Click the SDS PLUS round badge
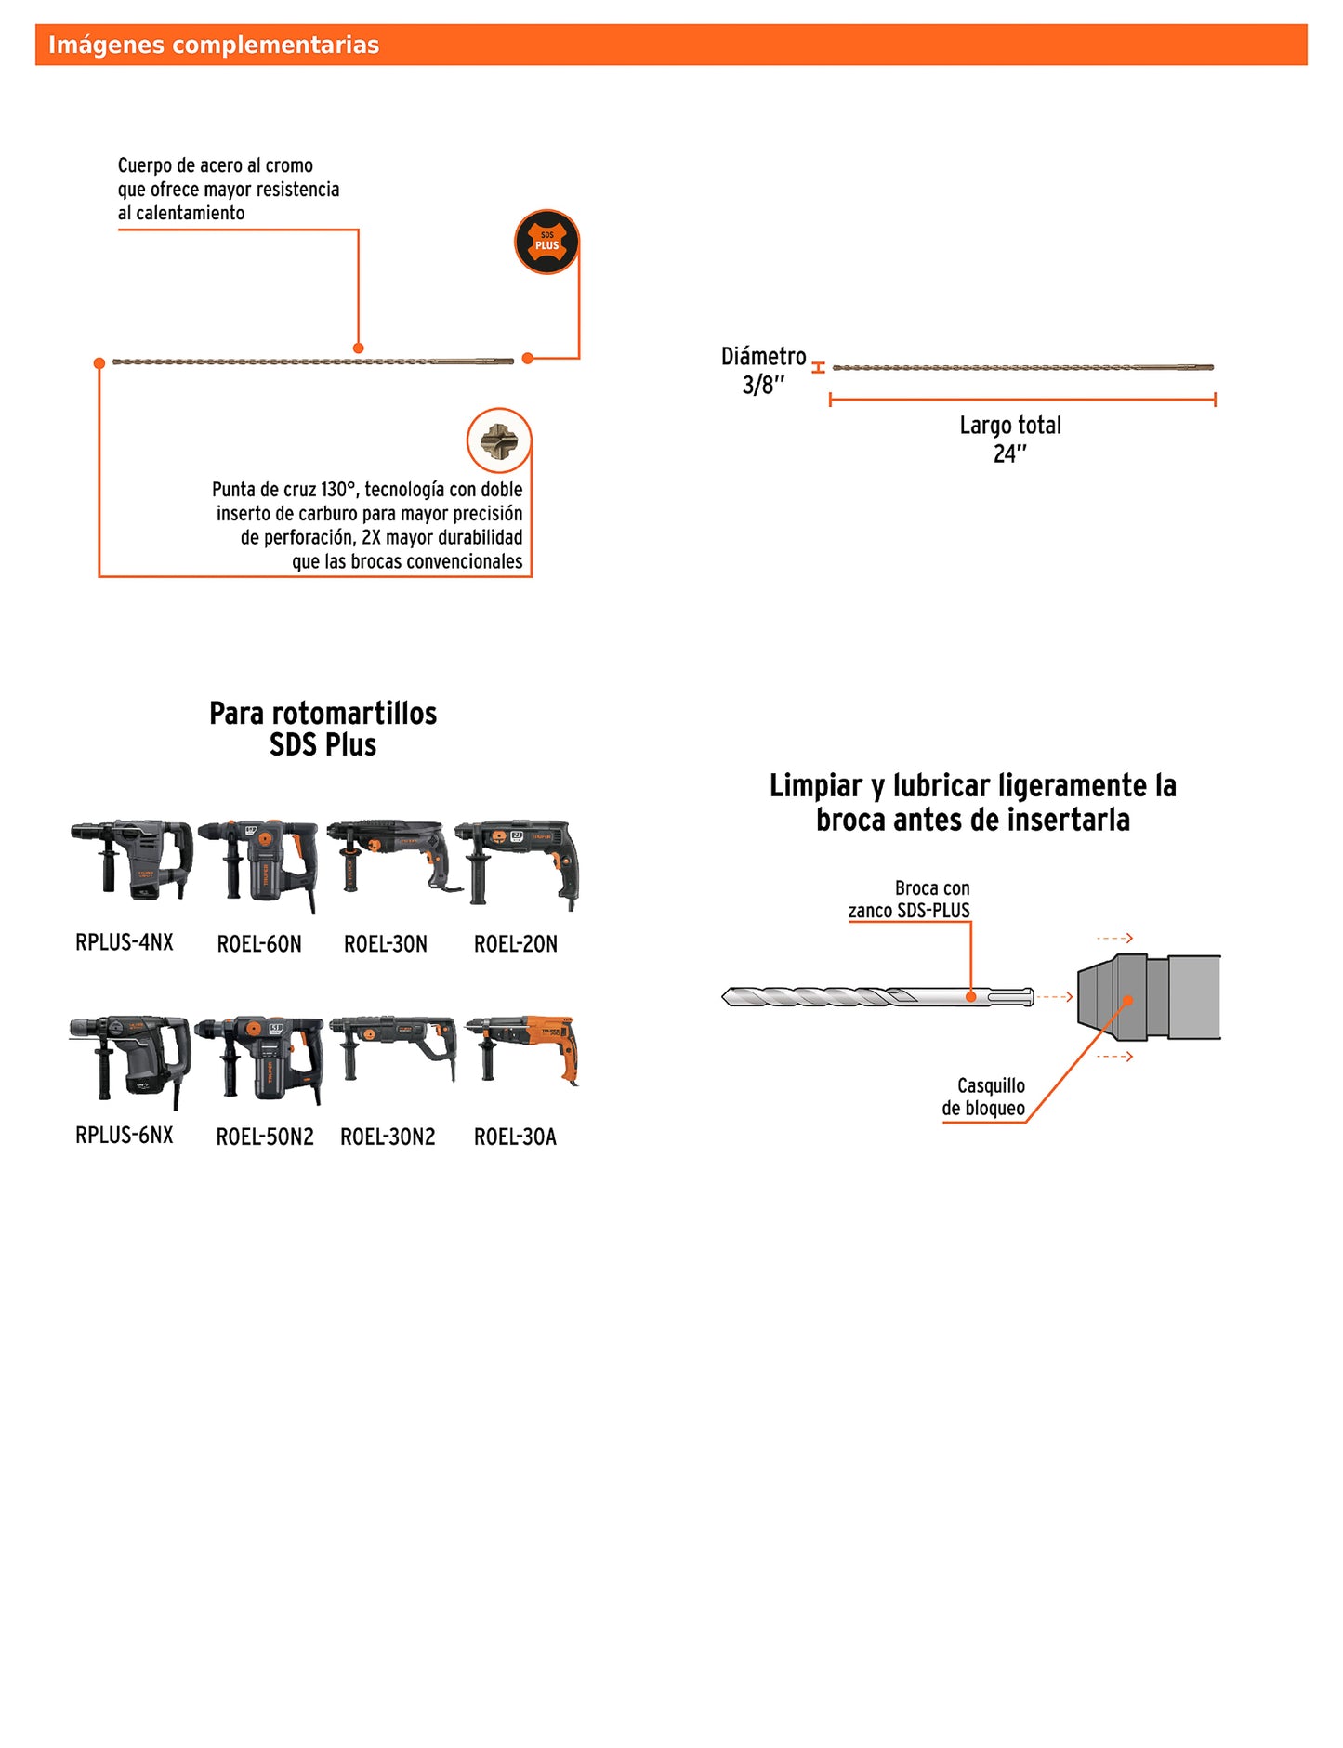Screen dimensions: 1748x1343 point(546,242)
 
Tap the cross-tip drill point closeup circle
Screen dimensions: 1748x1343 point(499,440)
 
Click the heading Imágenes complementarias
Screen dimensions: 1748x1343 point(214,45)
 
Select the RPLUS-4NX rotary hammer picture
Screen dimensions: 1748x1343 point(133,859)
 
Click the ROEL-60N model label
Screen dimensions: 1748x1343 point(259,944)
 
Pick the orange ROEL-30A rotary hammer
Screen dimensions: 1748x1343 point(523,1050)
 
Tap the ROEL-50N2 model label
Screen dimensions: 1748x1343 point(265,1137)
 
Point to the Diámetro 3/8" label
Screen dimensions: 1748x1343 point(764,370)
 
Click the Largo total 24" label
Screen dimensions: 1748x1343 point(1010,439)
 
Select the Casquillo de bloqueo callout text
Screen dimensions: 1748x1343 point(984,1097)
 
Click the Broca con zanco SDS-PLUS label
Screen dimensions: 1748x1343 point(909,899)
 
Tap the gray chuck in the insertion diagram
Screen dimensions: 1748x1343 point(1148,997)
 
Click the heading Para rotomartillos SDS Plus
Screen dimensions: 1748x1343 point(323,729)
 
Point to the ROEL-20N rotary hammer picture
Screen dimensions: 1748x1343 point(517,861)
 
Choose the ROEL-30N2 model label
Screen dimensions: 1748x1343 point(388,1137)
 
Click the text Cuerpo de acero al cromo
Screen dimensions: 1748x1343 point(216,165)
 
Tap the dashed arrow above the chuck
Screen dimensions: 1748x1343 point(1114,938)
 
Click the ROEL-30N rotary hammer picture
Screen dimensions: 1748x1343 point(392,857)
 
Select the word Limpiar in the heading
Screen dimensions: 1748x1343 point(816,786)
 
